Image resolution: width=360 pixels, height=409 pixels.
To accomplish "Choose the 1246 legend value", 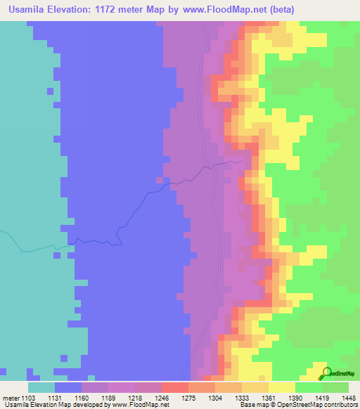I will tap(161, 398).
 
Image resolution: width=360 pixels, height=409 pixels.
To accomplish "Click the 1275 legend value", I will tap(188, 398).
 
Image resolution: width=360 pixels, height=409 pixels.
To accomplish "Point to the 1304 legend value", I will tap(214, 398).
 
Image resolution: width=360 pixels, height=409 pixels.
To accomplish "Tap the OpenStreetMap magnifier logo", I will tap(326, 373).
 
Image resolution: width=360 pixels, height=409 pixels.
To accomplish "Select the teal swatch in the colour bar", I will tap(41, 387).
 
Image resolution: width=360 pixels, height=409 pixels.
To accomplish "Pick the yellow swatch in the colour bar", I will tap(281, 387).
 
